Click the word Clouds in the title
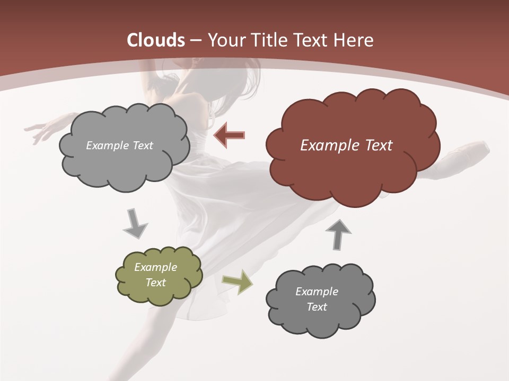pos(155,40)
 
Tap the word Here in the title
pos(354,40)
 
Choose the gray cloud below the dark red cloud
pos(320,300)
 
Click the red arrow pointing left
pos(229,135)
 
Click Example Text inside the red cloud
pos(346,146)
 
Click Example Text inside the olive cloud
pos(156,275)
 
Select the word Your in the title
pos(224,40)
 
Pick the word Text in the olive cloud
pos(156,283)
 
